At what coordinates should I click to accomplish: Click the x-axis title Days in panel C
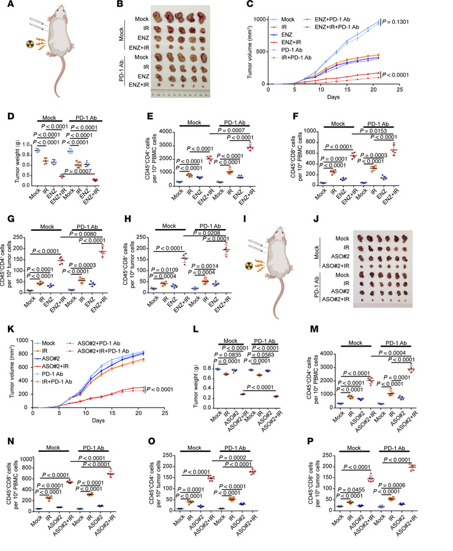(x=333, y=97)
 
